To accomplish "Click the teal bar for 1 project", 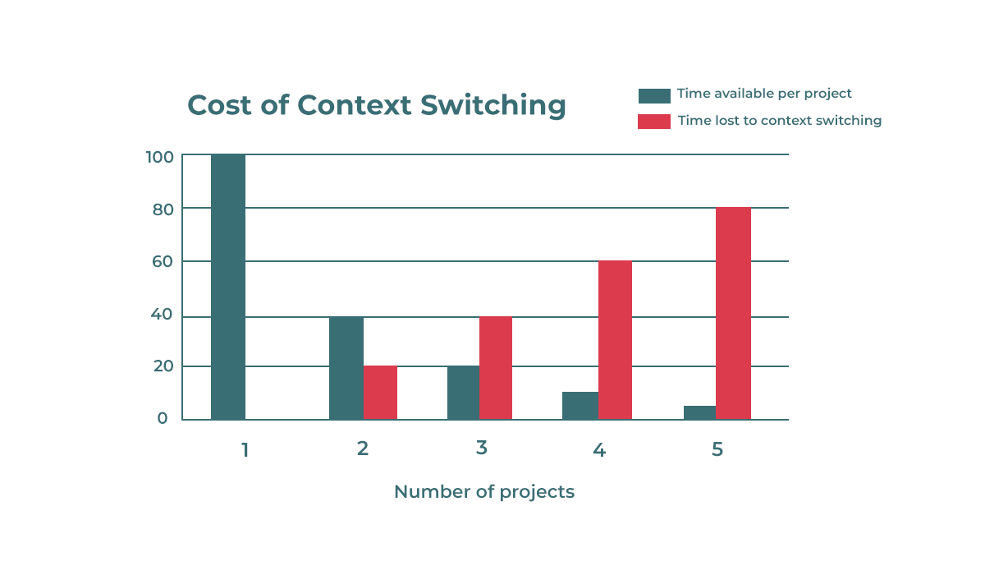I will pos(228,287).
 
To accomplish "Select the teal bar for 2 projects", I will pos(346,368).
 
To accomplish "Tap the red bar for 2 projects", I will pos(380,393).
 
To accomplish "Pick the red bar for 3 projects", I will pos(496,368).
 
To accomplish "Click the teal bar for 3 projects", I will pos(463,393).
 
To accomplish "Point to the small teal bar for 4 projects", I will pos(580,406).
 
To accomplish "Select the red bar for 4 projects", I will pos(615,340).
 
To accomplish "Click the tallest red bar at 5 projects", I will pos(733,313).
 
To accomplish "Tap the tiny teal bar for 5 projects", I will pos(699,412).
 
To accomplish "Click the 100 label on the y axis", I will pos(159,156).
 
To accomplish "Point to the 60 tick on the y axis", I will pos(163,262).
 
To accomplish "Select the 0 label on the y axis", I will pos(163,418).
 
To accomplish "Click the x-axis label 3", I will pos(481,448).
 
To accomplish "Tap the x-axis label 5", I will pos(717,449).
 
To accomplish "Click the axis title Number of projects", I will pos(483,491).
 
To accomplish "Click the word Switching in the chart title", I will pos(492,106).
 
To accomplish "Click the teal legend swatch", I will pos(654,95).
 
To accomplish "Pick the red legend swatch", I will pos(654,122).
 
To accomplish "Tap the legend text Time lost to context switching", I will pos(779,121).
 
